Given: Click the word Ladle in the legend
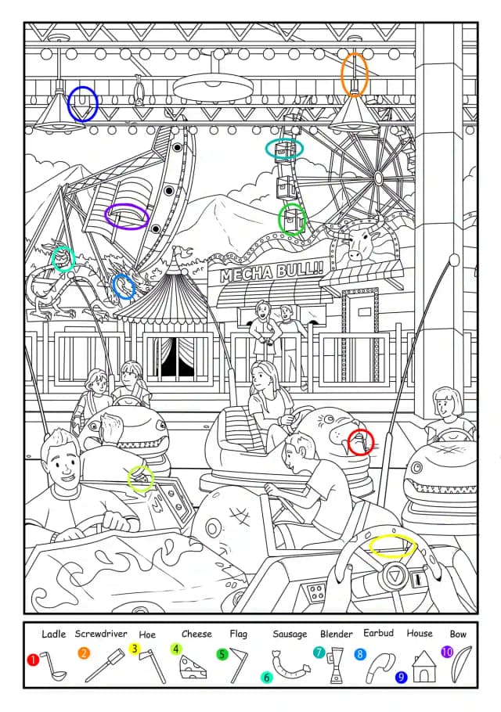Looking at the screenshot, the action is (53, 634).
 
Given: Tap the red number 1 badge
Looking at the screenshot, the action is (32, 660).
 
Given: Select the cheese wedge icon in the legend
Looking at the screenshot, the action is (193, 667).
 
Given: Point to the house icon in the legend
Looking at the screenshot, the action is (424, 666).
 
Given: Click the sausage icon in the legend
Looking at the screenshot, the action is (290, 667).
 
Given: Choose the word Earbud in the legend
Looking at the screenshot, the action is (378, 633).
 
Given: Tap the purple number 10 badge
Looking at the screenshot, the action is (447, 652).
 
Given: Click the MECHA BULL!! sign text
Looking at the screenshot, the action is (272, 271).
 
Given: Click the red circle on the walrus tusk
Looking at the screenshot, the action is (361, 442).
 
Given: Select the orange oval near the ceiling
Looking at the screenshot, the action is (355, 75).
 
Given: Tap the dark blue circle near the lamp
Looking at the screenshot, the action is (83, 104).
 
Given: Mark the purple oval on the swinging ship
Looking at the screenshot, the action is (127, 216).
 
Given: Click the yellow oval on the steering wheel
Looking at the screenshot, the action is (392, 545).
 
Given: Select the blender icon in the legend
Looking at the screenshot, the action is (337, 666).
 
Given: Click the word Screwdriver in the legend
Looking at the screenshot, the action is (101, 634).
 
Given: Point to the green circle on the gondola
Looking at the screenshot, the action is (292, 219).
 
